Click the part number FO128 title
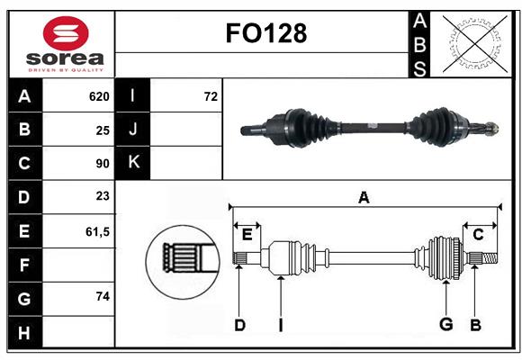[x=265, y=34]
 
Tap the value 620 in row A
[x=99, y=96]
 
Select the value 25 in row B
[x=103, y=130]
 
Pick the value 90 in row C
[x=103, y=164]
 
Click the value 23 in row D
[x=103, y=197]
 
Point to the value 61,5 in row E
[x=97, y=231]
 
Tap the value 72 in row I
[x=211, y=96]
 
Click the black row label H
[x=24, y=332]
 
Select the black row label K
[x=133, y=163]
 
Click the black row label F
[x=24, y=265]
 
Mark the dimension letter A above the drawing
[x=364, y=197]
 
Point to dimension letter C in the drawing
[x=478, y=234]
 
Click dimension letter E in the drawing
[x=247, y=234]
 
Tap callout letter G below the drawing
[x=445, y=325]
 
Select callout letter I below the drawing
[x=280, y=325]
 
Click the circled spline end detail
[x=183, y=259]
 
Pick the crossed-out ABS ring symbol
[x=470, y=42]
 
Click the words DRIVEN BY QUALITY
[x=65, y=67]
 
